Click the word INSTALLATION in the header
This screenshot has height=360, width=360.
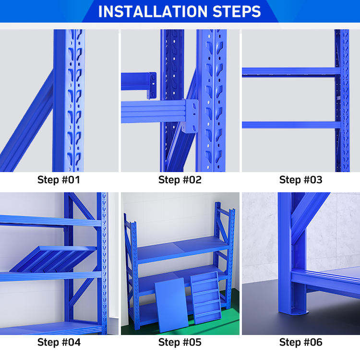[153, 12]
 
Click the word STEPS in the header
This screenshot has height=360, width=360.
[237, 12]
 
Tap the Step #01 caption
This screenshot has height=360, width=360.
[59, 180]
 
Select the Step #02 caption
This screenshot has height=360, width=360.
[180, 180]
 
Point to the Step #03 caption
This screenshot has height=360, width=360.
[301, 180]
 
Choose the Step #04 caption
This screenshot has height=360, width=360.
[59, 342]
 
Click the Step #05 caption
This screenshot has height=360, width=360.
[180, 342]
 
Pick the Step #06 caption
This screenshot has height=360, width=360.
[301, 342]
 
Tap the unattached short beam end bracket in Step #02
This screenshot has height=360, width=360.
[152, 85]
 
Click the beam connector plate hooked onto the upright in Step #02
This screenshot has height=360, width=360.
[191, 116]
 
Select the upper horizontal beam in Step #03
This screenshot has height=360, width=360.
[291, 72]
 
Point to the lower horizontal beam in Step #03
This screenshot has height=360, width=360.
[291, 125]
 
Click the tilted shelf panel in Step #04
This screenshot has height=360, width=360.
[53, 259]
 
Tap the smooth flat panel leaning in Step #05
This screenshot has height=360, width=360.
[171, 305]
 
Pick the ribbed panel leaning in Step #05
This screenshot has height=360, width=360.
[206, 298]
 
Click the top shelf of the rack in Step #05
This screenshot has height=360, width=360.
[182, 249]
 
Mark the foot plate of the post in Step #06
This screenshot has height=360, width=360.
[293, 312]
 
